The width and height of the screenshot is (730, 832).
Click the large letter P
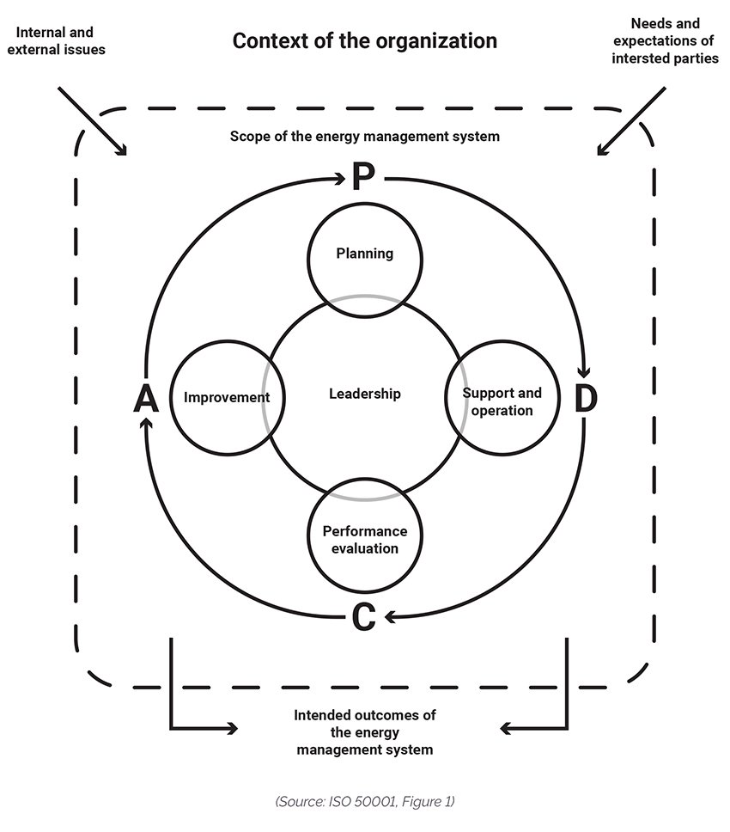coord(362,177)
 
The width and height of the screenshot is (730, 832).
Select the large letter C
coord(363,616)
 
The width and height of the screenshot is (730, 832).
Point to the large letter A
coord(147,399)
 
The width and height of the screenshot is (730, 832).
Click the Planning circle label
coord(365,254)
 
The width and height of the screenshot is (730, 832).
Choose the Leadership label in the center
coord(365,394)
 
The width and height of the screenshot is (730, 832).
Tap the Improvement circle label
coord(227,397)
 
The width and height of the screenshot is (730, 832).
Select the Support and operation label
coord(502,401)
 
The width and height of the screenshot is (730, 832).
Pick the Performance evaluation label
coord(365,540)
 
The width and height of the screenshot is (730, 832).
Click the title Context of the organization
coord(365,41)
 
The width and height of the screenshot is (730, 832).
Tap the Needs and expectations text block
coord(665,41)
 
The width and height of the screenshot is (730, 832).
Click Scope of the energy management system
coord(365,137)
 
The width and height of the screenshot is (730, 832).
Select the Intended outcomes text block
coord(365,731)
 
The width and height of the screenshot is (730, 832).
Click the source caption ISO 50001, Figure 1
coord(365,801)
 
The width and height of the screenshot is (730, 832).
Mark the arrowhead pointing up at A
coord(148,424)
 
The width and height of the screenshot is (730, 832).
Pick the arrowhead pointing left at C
coord(388,615)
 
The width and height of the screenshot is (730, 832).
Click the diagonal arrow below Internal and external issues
coord(92,120)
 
